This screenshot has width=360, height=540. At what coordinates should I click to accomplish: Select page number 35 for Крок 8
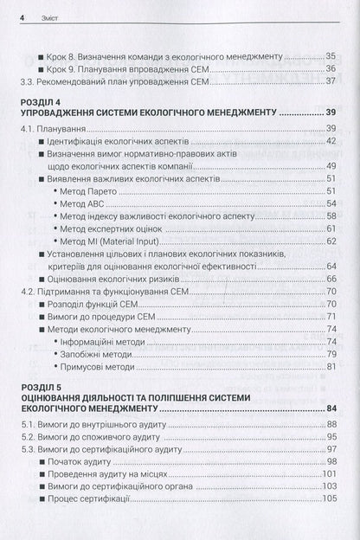tap(329, 54)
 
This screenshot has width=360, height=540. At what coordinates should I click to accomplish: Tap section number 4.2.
tap(29, 293)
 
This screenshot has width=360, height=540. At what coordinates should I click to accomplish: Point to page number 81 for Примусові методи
tap(329, 367)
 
